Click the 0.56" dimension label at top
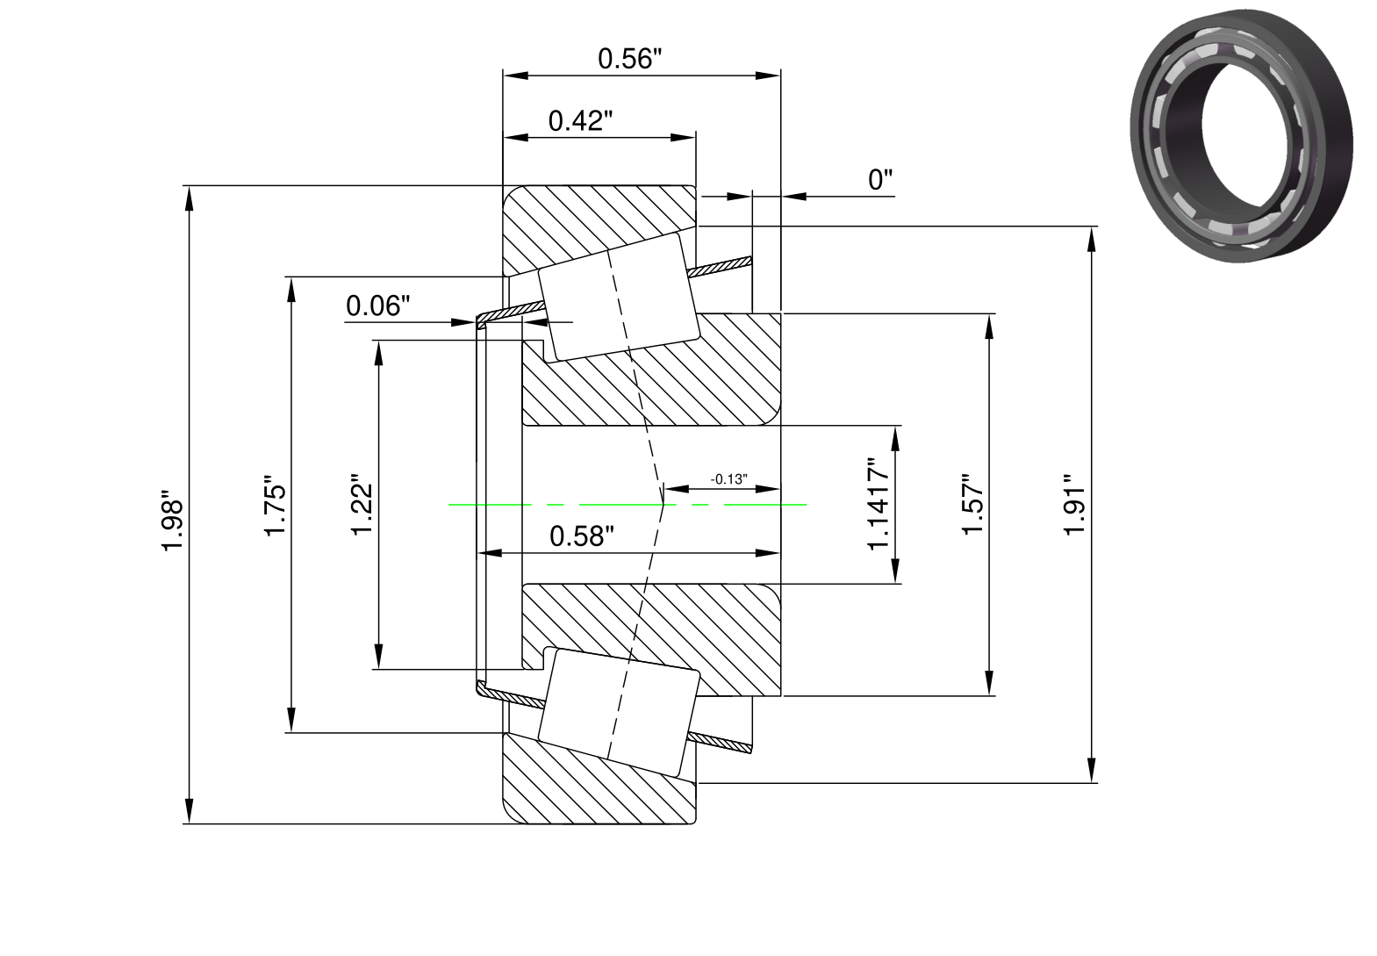[x=629, y=59]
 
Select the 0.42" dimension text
[x=580, y=121]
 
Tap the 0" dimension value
[x=879, y=180]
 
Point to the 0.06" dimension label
[x=377, y=305]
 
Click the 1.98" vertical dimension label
[x=172, y=521]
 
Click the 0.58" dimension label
[x=582, y=536]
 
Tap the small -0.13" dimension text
[x=729, y=479]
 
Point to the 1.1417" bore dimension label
[x=879, y=504]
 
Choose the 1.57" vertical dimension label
[x=973, y=504]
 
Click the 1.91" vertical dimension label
[x=1075, y=505]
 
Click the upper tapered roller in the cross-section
[x=619, y=297]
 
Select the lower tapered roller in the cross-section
[x=619, y=712]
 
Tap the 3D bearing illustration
[x=1241, y=135]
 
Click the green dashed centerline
[x=627, y=504]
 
